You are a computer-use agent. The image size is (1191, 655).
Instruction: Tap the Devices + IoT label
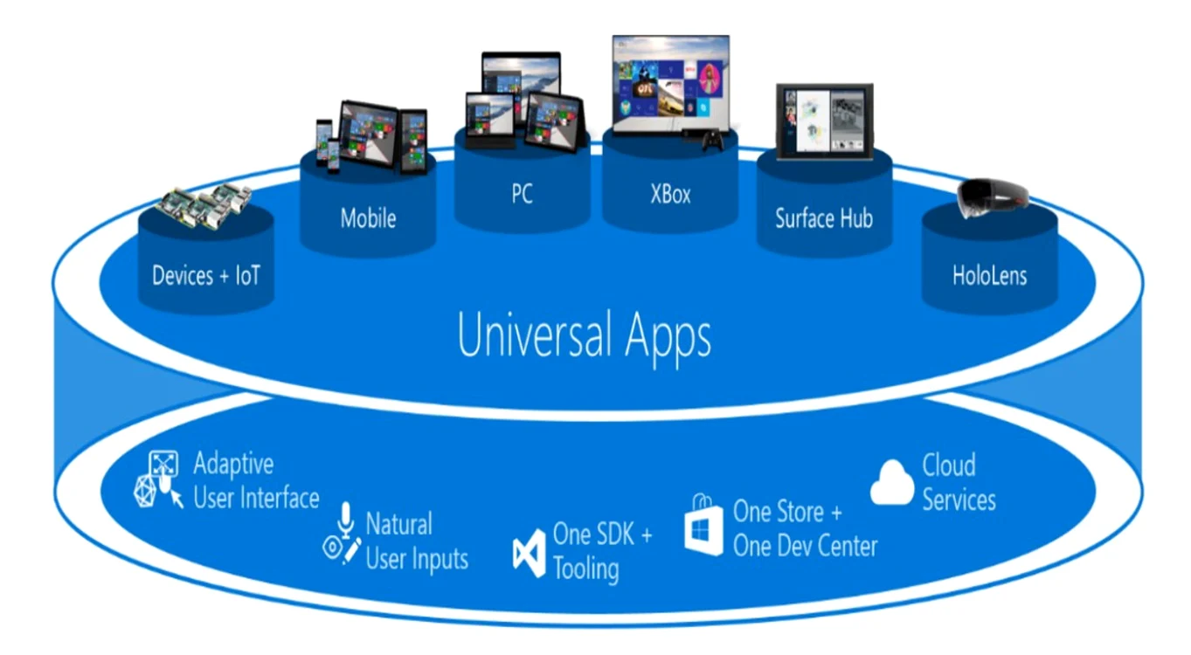(206, 276)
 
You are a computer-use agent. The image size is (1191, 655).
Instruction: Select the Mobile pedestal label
(368, 218)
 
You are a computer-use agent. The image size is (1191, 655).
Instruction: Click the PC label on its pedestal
(523, 194)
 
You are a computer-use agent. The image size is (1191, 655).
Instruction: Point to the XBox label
(670, 194)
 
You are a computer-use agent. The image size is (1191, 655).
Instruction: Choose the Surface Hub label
(824, 218)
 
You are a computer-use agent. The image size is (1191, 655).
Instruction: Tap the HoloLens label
(989, 276)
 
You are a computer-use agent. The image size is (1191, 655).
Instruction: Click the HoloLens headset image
(992, 197)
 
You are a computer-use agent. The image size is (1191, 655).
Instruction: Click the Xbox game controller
(712, 141)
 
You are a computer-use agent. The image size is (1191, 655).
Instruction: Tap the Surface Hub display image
(824, 121)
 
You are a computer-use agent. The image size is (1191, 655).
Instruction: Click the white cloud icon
(891, 482)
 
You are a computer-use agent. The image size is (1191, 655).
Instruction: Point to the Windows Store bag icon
(703, 525)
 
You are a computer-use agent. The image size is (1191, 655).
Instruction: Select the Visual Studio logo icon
(529, 553)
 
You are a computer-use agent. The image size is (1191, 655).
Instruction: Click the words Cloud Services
(959, 482)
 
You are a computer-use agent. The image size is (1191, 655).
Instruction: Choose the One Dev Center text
(805, 546)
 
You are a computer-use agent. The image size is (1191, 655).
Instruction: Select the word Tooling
(586, 569)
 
